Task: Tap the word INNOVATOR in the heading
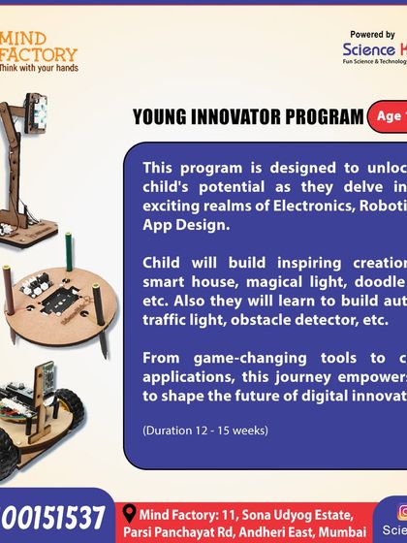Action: pyautogui.click(x=241, y=118)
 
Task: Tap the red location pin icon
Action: pyautogui.click(x=128, y=514)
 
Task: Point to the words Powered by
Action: pyautogui.click(x=374, y=34)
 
